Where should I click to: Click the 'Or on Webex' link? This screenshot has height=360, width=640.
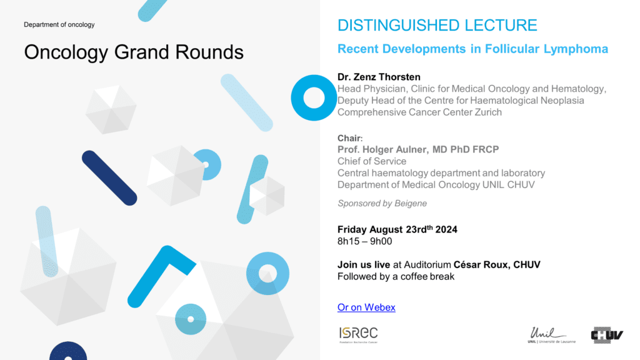[366, 307]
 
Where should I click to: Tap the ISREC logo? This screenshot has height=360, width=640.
[358, 335]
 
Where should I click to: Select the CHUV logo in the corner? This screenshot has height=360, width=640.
[607, 335]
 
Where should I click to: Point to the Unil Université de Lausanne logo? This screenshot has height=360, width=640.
[551, 335]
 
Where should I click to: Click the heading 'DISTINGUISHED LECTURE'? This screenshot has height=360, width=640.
[437, 25]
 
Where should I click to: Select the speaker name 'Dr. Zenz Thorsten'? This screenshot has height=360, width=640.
[379, 77]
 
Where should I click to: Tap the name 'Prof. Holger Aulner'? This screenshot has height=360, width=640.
[383, 149]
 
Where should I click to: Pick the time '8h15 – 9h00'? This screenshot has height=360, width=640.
[364, 241]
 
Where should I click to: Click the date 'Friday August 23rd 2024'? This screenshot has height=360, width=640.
[397, 229]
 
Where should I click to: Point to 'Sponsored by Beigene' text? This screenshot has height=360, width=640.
[382, 203]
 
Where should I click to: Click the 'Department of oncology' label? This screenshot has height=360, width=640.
[59, 24]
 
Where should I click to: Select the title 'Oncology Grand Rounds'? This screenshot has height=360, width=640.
[134, 52]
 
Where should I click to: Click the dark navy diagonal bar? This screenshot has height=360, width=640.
[109, 178]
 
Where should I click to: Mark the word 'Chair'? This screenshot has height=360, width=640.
[349, 138]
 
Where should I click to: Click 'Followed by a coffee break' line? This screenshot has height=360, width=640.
[396, 277]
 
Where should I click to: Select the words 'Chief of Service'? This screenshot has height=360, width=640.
[372, 161]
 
